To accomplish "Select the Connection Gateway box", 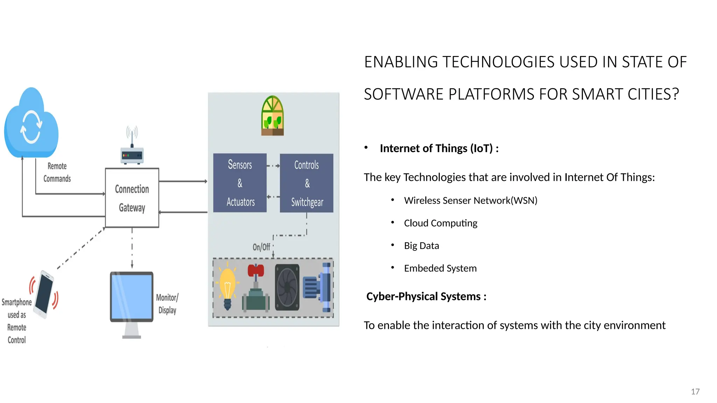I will pos(132,198).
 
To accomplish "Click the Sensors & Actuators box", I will pos(240,183).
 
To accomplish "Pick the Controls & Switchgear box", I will pos(307,183).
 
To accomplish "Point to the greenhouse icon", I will pos(273,116).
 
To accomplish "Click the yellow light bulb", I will pos(228,287).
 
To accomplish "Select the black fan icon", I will pos(287,288).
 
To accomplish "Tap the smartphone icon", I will pos(44,294).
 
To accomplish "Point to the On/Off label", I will pos(261,247).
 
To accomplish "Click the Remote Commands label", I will pos(57,172).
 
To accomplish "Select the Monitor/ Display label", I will pos(167,304).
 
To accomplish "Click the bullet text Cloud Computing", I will pos(440,223).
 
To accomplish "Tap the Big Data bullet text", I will pos(421,246).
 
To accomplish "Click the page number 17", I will pos(695,391).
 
